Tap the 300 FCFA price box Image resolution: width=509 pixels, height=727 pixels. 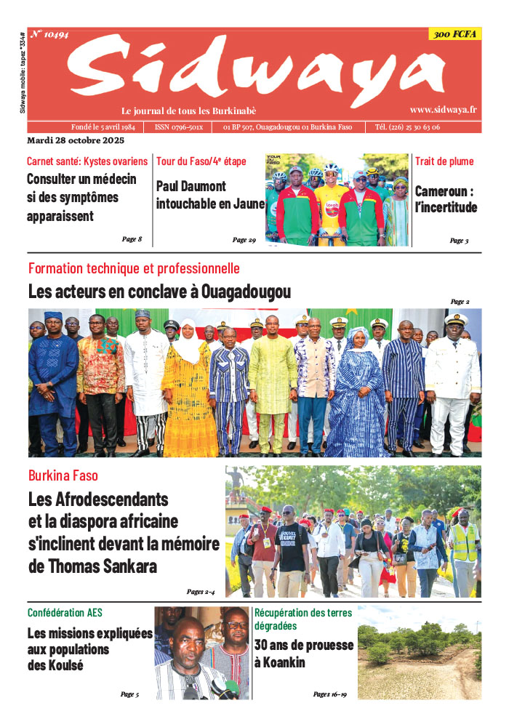coord(454,34)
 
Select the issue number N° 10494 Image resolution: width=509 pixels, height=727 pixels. coord(49,34)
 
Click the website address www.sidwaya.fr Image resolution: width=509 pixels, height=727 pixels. coord(443,110)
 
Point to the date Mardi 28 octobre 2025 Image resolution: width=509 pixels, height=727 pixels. coord(76,140)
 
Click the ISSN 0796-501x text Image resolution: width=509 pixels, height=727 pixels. coord(179,127)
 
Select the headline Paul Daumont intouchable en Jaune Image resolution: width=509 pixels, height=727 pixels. coord(210,195)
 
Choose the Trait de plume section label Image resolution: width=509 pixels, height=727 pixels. coord(444,161)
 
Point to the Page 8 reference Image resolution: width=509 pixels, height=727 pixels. coord(132,239)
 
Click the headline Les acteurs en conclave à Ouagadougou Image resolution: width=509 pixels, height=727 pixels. coord(159,292)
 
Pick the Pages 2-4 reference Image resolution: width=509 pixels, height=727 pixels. coord(200,592)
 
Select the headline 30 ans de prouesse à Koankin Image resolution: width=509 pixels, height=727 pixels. coord(304,654)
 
